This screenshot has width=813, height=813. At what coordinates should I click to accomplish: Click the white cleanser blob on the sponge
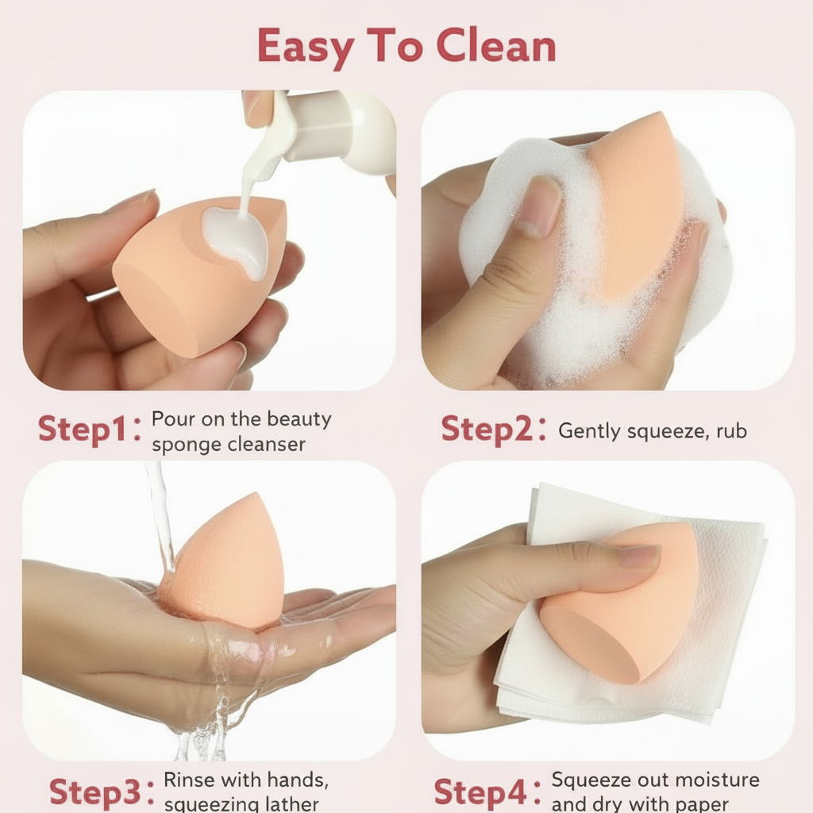click(237, 238)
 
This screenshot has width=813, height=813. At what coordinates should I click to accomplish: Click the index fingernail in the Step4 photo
click(639, 557)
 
